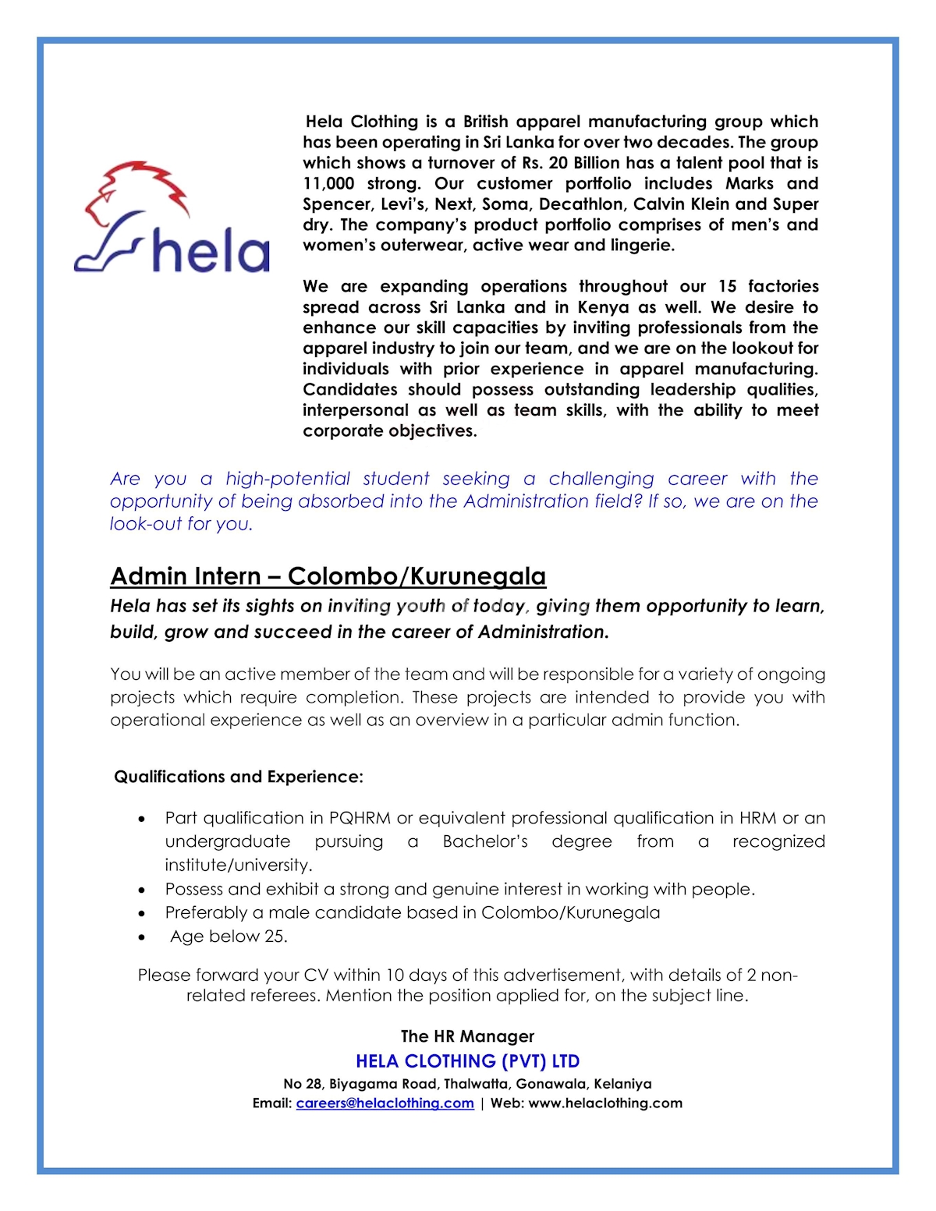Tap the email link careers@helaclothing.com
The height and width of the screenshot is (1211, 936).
tap(385, 1103)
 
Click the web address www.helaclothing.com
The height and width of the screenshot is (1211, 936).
tap(605, 1103)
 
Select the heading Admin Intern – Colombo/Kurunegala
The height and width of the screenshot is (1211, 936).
tap(328, 576)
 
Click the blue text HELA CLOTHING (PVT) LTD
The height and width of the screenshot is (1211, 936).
tap(467, 1061)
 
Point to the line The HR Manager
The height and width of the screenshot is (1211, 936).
tap(467, 1036)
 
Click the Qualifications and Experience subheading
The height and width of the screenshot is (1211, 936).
tap(239, 777)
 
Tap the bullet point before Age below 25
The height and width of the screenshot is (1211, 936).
tap(141, 937)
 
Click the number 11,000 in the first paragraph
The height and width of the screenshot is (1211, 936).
tap(328, 183)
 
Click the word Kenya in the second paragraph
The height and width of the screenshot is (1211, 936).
tap(603, 307)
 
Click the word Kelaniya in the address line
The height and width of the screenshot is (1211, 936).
tap(622, 1084)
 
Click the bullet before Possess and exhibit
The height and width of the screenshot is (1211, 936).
tap(141, 890)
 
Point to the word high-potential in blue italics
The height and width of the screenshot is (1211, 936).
tap(288, 479)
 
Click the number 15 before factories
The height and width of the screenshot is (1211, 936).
tap(727, 286)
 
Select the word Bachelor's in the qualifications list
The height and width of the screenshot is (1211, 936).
tap(485, 841)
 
